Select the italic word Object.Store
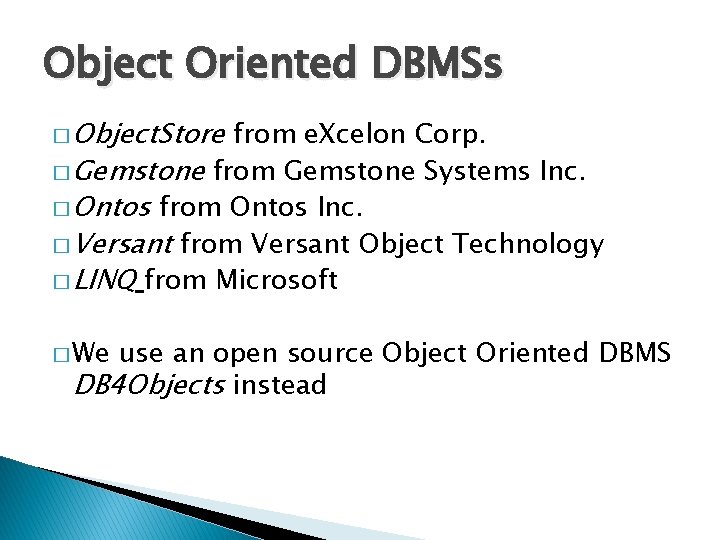(153, 132)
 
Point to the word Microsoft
(276, 280)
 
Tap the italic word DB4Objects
(149, 385)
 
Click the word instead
(279, 385)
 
